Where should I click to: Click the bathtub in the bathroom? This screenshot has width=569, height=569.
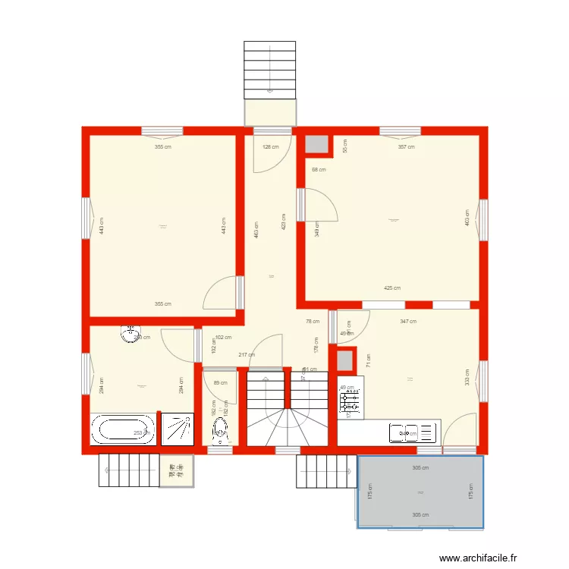pos(122,430)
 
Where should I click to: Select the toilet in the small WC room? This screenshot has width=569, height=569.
pos(221,429)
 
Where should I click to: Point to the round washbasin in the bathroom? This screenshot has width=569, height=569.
pos(131,332)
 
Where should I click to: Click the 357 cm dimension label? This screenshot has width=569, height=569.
pos(406,147)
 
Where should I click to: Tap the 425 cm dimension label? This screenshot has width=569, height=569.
pos(392,288)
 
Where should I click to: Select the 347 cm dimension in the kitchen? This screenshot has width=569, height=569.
pos(408,322)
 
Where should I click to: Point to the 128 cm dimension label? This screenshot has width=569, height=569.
pos(271,147)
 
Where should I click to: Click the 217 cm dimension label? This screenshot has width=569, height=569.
pos(246,355)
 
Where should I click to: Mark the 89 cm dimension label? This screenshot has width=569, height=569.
pos(221,383)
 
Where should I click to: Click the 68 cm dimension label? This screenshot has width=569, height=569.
pos(319,170)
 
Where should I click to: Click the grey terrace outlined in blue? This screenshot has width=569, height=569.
pos(420,492)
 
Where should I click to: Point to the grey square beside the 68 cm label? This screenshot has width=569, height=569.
pos(316,146)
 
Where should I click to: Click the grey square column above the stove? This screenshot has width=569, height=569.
pos(346,360)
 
